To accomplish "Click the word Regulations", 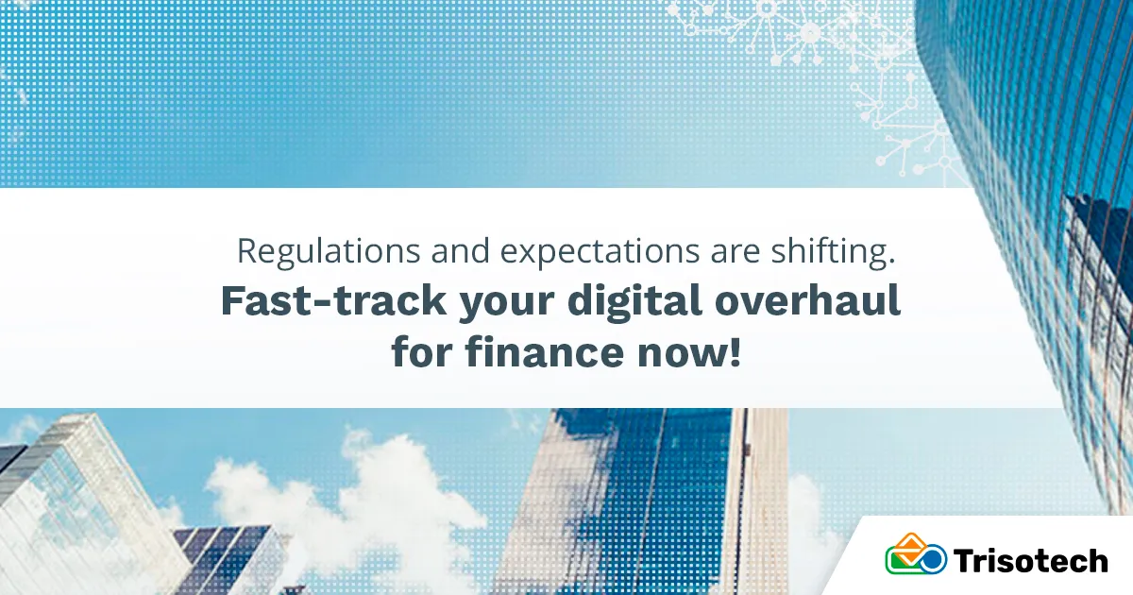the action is point(329,251).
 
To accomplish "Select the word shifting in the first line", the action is point(833,251).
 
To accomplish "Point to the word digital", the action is point(634,301).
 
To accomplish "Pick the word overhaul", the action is point(807,300).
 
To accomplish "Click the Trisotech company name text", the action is point(1030,561).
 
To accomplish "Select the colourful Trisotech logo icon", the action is point(916,553).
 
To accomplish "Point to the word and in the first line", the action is point(461,251).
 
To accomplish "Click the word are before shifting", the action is point(735,254).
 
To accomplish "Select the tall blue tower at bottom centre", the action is point(652,501).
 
